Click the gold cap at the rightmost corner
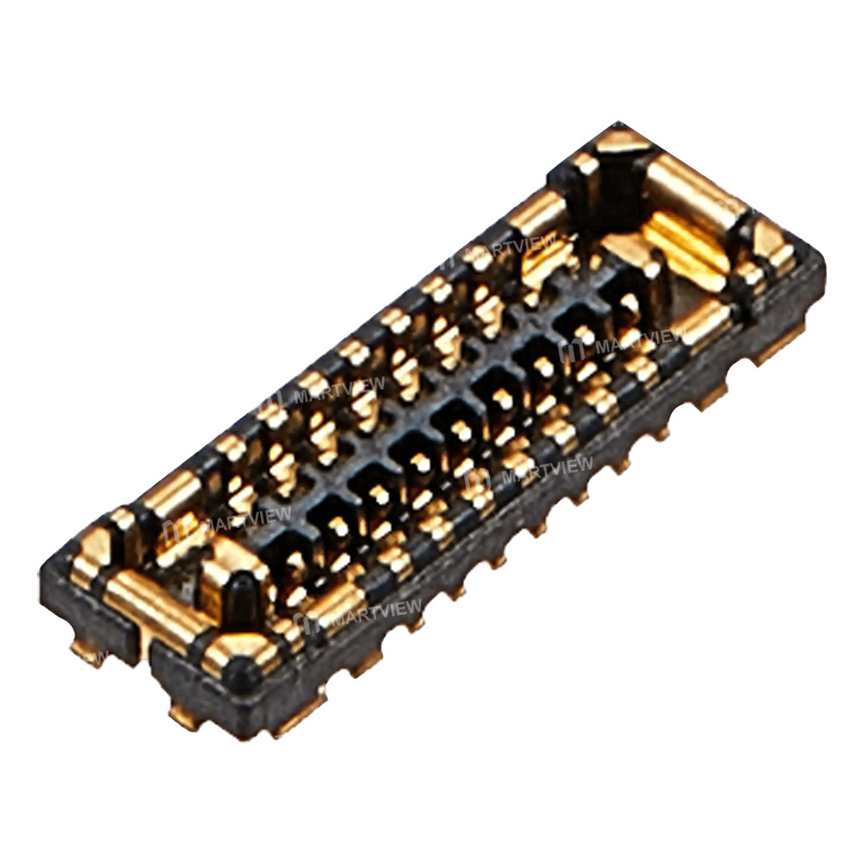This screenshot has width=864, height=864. [773, 242]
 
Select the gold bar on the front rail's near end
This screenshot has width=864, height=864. [337, 605]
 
